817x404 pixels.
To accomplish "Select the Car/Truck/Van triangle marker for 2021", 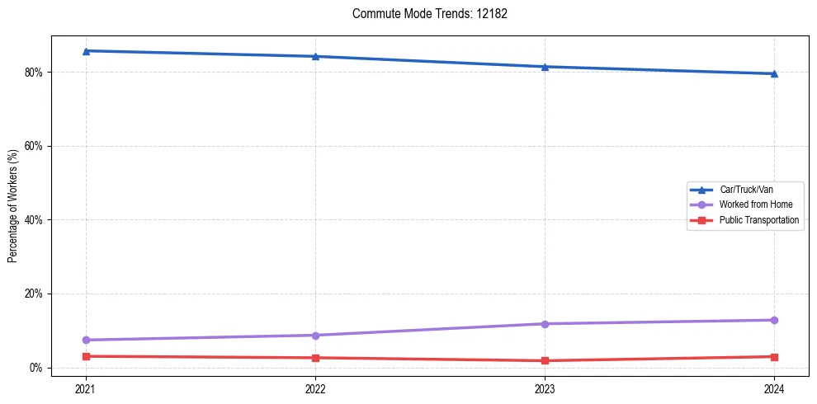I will [x=86, y=51].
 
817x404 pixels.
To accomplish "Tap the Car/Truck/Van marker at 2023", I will [x=545, y=67].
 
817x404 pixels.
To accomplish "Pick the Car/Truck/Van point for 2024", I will [x=774, y=73].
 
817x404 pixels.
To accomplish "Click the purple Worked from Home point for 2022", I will [x=315, y=336].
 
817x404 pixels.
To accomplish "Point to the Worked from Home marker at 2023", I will [x=545, y=324].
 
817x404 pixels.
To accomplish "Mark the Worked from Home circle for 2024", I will [x=774, y=320].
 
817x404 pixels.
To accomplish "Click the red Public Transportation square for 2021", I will [x=86, y=356].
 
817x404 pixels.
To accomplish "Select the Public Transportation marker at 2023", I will [x=545, y=360].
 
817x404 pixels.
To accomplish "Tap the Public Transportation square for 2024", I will [x=774, y=357].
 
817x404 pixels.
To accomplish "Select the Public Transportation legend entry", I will [x=758, y=220].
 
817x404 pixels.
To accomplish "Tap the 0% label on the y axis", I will [x=35, y=368].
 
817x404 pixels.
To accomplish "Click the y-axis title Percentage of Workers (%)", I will [x=13, y=206].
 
